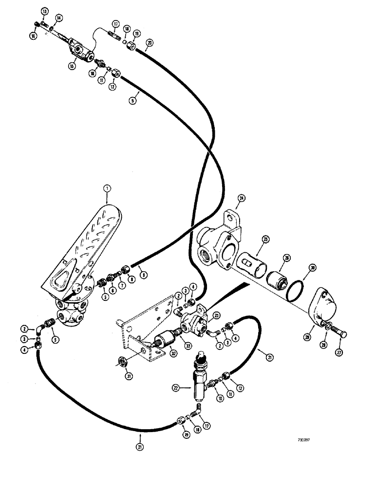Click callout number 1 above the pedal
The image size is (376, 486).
click(107, 188)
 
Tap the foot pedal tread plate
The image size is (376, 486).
click(86, 238)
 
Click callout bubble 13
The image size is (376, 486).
click(44, 11)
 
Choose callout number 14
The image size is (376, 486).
click(59, 17)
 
